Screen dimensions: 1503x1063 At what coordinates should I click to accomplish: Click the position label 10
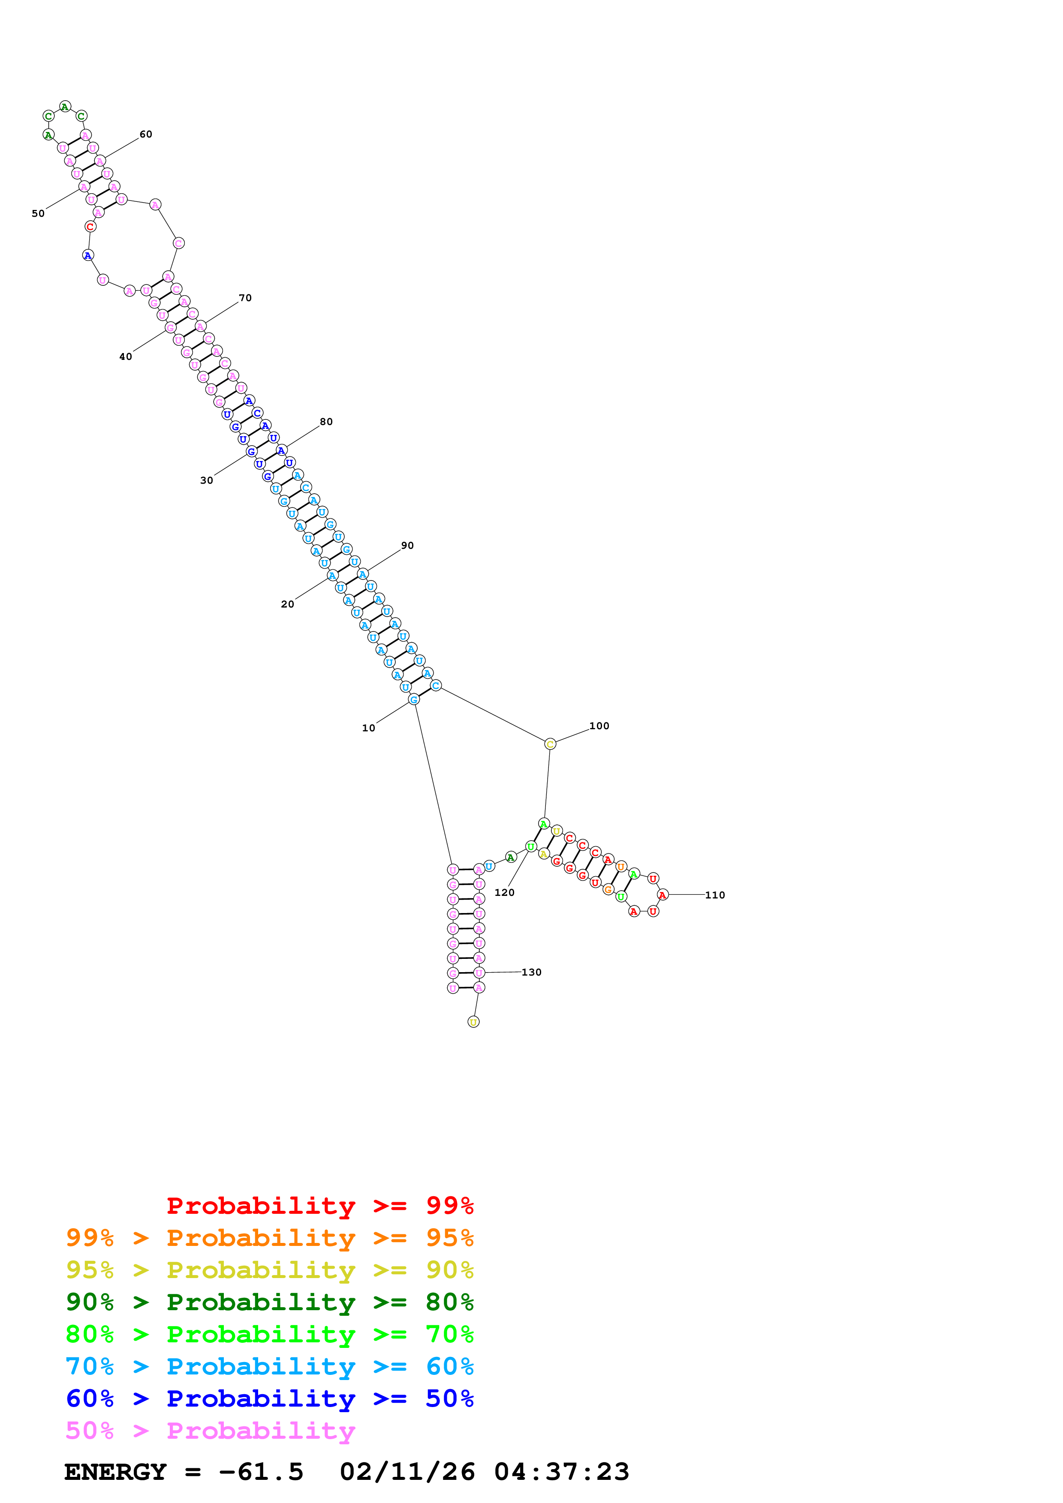(368, 728)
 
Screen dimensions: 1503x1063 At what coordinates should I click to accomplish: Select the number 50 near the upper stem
(38, 213)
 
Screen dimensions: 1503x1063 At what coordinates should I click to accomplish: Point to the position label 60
(145, 134)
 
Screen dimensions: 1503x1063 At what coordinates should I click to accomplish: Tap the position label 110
(714, 895)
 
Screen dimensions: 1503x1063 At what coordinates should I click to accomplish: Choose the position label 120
(504, 892)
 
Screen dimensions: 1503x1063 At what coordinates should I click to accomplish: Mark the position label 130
(531, 972)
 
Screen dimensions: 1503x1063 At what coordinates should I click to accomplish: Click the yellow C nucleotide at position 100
(550, 744)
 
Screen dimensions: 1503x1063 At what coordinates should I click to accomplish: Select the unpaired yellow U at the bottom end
(473, 1022)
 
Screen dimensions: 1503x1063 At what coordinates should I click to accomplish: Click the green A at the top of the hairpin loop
(65, 107)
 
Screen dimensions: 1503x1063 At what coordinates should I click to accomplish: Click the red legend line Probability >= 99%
(319, 1206)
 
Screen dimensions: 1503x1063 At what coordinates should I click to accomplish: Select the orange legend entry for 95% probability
(269, 1238)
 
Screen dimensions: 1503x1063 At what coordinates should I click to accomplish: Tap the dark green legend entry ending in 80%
(269, 1302)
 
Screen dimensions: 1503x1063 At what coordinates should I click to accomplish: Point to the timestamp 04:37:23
(561, 1472)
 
